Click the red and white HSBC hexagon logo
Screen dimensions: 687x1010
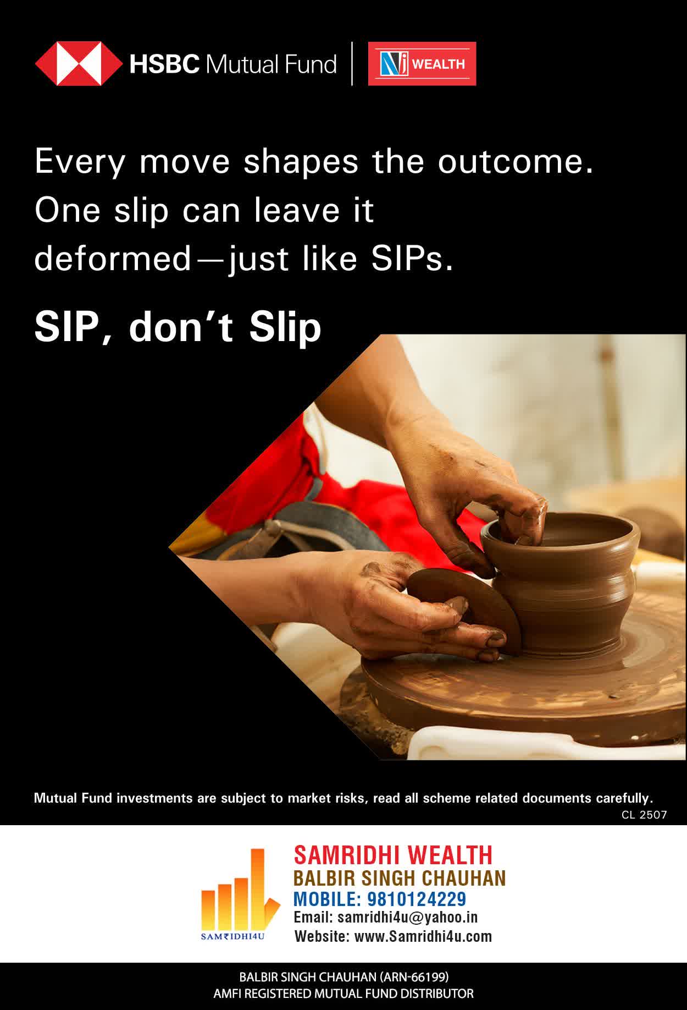point(79,64)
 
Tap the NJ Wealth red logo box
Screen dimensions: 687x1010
point(422,64)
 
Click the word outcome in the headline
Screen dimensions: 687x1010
point(516,162)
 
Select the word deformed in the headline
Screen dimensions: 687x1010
point(112,259)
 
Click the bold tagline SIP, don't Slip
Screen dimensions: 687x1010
point(178,327)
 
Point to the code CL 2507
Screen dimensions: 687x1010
point(644,815)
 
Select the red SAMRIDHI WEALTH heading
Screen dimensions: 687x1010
point(393,855)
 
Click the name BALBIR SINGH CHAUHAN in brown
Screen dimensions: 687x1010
point(400,877)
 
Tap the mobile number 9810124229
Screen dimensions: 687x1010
point(417,899)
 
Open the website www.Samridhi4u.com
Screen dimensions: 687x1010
point(423,936)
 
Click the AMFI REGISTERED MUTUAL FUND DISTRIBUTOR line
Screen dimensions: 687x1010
point(343,994)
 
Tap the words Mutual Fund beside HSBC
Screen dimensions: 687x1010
point(270,64)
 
